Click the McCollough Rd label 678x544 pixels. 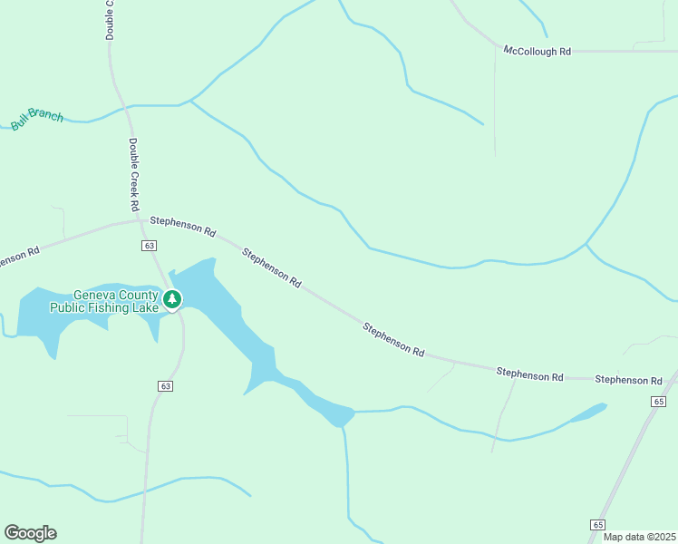[538, 52]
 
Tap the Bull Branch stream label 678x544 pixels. [37, 118]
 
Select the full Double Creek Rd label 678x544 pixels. [133, 170]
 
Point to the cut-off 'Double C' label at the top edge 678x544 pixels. [110, 19]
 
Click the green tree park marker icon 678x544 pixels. [171, 298]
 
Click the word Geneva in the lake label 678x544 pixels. [96, 295]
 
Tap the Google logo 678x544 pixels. [30, 533]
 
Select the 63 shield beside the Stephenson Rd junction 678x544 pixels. [150, 246]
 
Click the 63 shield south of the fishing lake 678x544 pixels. [164, 385]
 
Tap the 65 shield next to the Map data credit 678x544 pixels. [596, 524]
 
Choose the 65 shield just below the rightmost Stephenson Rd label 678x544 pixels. [658, 401]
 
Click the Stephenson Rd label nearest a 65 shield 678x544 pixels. [628, 379]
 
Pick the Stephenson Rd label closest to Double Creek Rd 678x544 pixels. [182, 226]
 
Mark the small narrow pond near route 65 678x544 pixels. [585, 413]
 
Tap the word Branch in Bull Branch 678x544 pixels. [46, 115]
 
